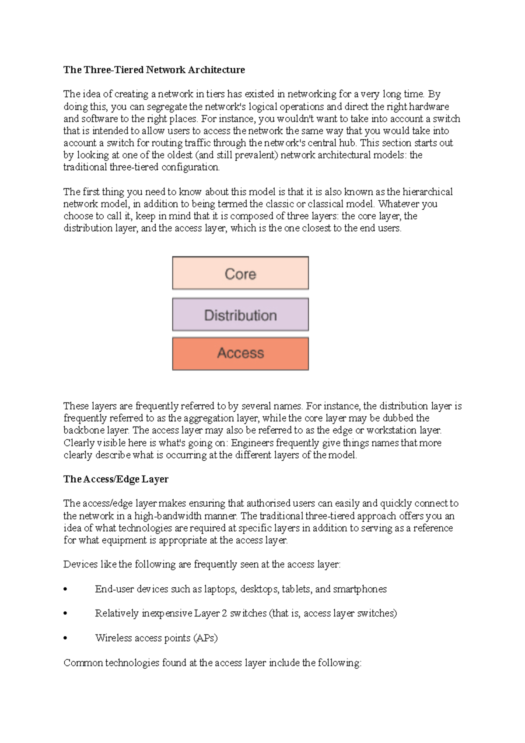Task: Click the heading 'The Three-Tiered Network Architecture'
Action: pos(154,70)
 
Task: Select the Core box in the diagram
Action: pos(240,273)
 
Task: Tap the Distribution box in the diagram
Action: pos(240,315)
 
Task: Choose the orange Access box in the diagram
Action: pos(240,353)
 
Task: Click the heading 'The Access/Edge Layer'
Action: pos(116,479)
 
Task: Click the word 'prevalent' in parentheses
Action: pos(255,155)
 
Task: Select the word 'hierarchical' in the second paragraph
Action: pos(427,192)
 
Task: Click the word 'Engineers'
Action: pos(252,443)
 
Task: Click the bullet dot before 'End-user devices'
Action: pos(66,589)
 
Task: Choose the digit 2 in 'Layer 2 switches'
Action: pos(224,613)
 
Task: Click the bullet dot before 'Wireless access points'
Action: pos(66,638)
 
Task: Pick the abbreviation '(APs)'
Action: pos(205,638)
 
